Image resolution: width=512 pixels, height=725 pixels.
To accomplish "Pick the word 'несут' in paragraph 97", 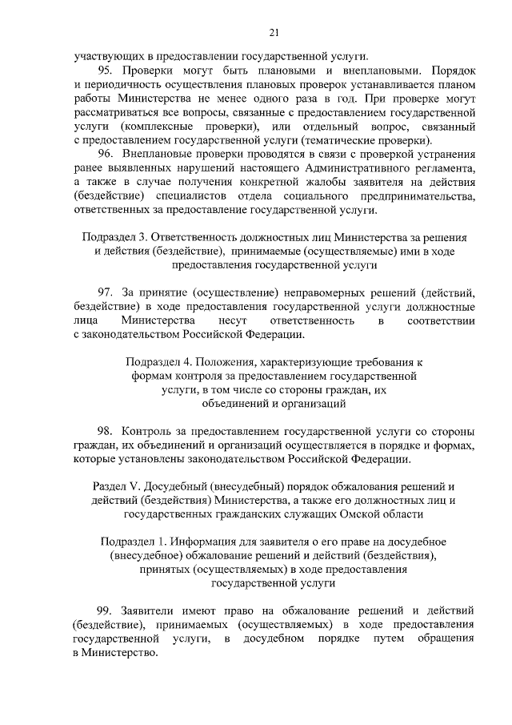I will pyautogui.click(x=224, y=320).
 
